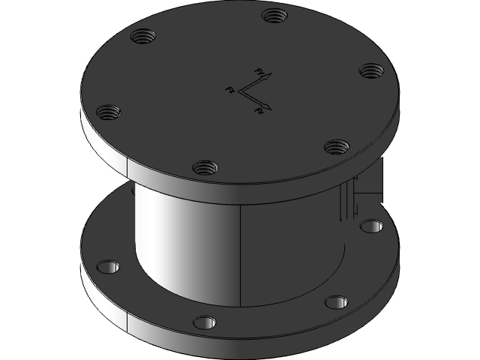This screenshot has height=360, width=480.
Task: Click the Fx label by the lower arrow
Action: [259, 111]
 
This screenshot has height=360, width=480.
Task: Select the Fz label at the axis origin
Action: [230, 90]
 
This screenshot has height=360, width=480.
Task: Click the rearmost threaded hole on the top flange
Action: [271, 15]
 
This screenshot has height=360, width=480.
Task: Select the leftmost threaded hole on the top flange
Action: [109, 112]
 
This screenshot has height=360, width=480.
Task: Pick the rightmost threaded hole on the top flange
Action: [370, 70]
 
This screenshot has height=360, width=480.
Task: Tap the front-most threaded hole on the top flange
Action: [204, 166]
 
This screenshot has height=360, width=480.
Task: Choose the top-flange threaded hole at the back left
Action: [142, 34]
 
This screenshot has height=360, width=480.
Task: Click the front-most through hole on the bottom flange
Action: [205, 322]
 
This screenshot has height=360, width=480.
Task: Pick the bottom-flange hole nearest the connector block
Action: [371, 225]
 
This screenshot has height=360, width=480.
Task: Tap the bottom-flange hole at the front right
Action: [337, 302]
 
